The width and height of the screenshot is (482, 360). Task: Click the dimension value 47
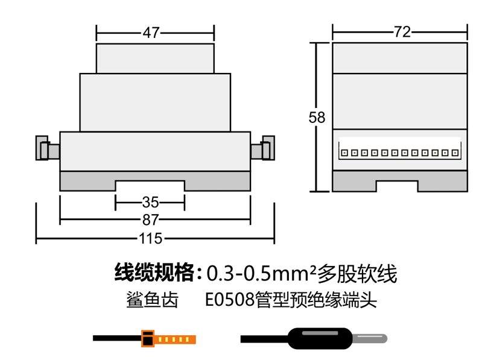coord(151,33)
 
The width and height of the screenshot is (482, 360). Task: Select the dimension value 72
coord(402,32)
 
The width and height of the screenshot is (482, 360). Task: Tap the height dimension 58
coord(317,118)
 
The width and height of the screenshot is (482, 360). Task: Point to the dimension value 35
coord(150,203)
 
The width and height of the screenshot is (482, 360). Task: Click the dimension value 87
coord(150,220)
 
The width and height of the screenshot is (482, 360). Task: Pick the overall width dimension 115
coord(150,238)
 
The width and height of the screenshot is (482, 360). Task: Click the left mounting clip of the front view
coord(48,148)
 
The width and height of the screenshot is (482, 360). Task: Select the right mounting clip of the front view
coord(263,148)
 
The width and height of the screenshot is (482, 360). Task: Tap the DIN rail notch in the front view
coord(150,186)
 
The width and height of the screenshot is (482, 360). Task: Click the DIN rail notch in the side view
coord(397,186)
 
